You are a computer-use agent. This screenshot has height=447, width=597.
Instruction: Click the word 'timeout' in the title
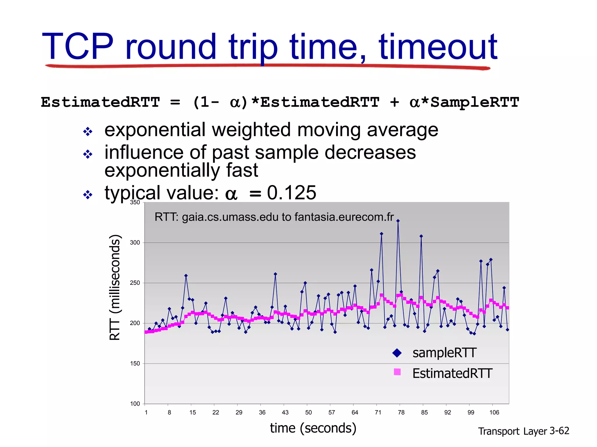click(x=438, y=47)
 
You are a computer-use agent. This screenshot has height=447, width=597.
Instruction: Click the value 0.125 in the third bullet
click(x=292, y=193)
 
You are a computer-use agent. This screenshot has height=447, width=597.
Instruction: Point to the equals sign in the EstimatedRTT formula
click(x=175, y=102)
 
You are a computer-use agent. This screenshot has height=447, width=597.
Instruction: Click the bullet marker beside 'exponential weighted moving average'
click(x=87, y=132)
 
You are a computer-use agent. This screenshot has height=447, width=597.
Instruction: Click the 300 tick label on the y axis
click(x=135, y=243)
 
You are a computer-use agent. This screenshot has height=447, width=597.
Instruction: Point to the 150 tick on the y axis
click(x=135, y=363)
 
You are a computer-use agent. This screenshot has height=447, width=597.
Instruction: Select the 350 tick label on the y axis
click(x=135, y=203)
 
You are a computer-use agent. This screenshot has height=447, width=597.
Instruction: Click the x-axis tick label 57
click(x=332, y=412)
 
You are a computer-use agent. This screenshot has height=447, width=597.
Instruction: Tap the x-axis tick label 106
click(x=494, y=412)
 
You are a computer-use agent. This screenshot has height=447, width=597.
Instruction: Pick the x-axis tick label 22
click(x=216, y=412)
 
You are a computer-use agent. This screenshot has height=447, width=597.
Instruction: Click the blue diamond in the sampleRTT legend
click(x=397, y=353)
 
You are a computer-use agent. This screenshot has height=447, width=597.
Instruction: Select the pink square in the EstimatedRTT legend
click(x=397, y=372)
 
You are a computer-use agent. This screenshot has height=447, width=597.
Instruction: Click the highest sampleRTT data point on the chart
click(x=398, y=221)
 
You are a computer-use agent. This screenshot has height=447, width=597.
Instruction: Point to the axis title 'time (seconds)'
click(x=313, y=428)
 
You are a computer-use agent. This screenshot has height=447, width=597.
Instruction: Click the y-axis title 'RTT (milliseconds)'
click(x=115, y=287)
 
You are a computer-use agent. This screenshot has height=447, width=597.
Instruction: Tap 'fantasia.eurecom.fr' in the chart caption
click(x=344, y=217)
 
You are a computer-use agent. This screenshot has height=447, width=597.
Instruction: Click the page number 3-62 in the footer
click(x=559, y=431)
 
